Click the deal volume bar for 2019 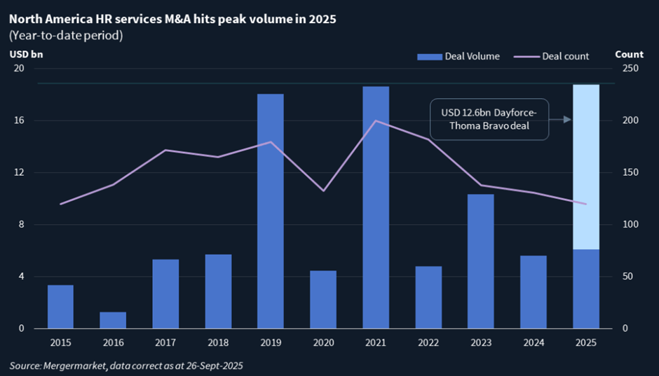point(270,211)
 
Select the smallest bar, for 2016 point(113,320)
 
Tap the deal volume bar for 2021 point(376,207)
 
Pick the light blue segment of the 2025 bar point(586,167)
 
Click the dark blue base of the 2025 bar point(586,289)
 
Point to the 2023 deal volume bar point(481,261)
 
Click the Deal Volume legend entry point(458,56)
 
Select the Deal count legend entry point(552,56)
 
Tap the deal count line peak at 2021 point(376,121)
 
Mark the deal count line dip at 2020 point(323,191)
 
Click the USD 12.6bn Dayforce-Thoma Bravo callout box point(489,119)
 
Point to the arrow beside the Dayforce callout point(560,120)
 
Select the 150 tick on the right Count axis point(630,172)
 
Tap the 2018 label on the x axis point(218,343)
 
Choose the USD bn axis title point(26,55)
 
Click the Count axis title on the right point(629,55)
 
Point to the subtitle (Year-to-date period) point(66,36)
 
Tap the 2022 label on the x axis point(428,343)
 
